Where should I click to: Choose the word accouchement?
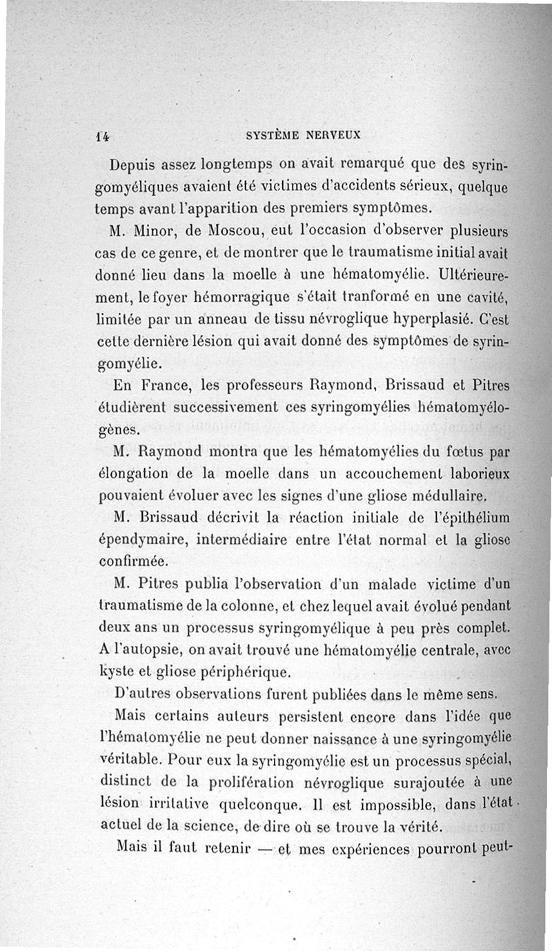tap(382, 475)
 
